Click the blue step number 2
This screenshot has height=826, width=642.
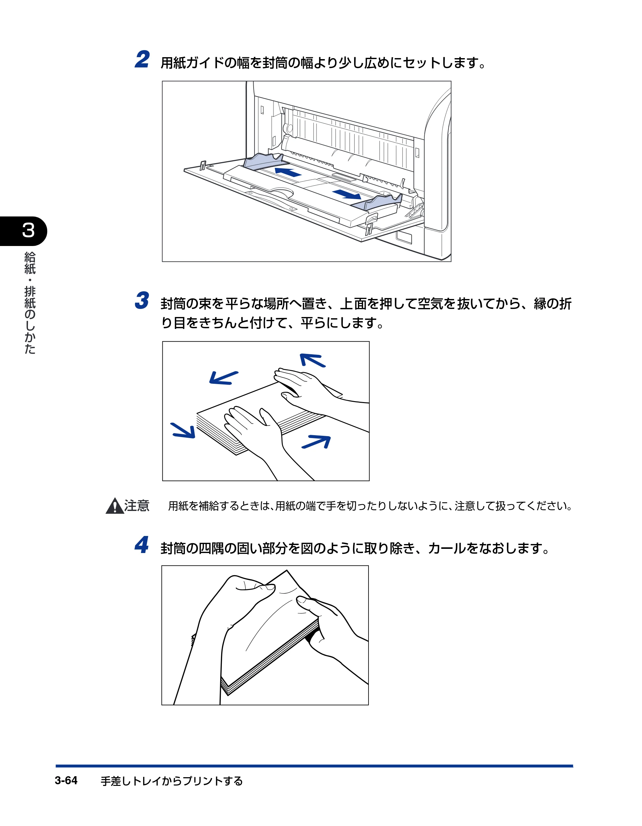click(142, 60)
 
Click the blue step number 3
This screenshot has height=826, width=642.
click(142, 301)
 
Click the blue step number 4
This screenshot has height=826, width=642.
click(142, 545)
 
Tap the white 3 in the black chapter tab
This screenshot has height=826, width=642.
click(28, 230)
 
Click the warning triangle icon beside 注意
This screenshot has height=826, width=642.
click(115, 506)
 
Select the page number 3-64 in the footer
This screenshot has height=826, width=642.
click(66, 780)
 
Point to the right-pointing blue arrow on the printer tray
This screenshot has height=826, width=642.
click(347, 194)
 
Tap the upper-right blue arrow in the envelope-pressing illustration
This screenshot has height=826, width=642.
click(312, 360)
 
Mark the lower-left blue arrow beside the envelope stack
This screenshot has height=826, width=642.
click(183, 430)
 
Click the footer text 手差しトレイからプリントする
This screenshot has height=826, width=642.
click(172, 781)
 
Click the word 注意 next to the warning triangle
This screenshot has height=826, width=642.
click(137, 506)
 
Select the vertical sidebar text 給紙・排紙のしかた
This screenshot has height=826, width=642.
click(30, 303)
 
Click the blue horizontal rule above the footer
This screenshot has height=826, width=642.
click(314, 766)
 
